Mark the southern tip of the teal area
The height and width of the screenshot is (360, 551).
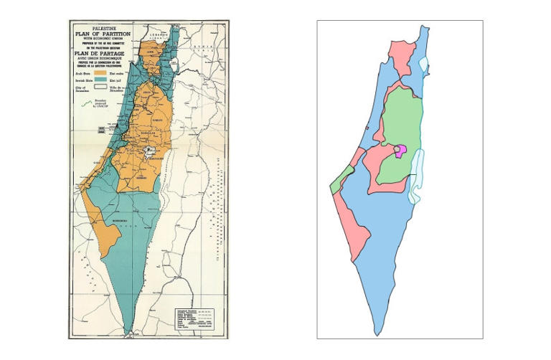click(x=128, y=332)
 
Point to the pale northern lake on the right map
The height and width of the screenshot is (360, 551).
click(x=425, y=65)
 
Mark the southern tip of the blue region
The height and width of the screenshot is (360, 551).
click(x=377, y=333)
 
